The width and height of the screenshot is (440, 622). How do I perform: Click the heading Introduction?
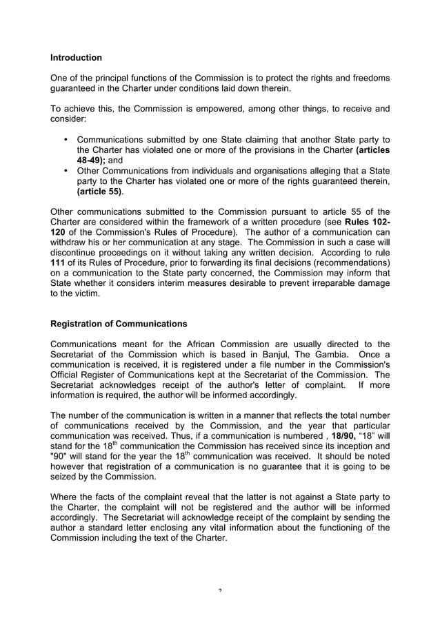pyautogui.click(x=77, y=57)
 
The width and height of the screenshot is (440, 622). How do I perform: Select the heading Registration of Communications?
pyautogui.click(x=118, y=323)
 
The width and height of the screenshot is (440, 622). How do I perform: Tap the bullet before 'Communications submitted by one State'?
pyautogui.click(x=66, y=138)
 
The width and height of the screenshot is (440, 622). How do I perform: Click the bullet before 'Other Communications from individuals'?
pyautogui.click(x=66, y=169)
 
